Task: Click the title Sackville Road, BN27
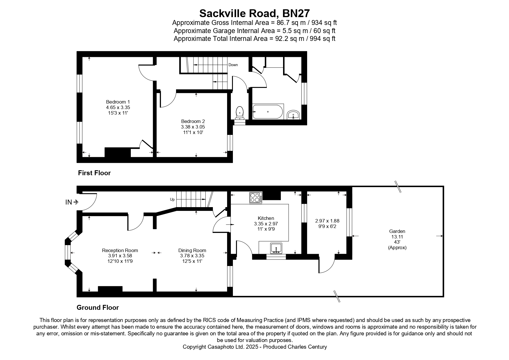254,13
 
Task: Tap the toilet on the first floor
240,113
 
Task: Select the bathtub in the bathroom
267,112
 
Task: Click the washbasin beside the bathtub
294,115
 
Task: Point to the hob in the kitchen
256,198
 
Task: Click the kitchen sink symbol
276,249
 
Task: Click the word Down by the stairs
233,65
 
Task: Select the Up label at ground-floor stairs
172,200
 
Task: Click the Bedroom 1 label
118,102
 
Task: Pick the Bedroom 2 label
193,121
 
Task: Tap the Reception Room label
120,250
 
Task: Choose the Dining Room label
192,250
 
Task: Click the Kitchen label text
266,218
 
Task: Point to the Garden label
397,231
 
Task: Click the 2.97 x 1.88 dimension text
327,221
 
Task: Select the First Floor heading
94,173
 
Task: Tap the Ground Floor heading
98,307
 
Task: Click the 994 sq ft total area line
254,39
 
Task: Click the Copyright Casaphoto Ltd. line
255,347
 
